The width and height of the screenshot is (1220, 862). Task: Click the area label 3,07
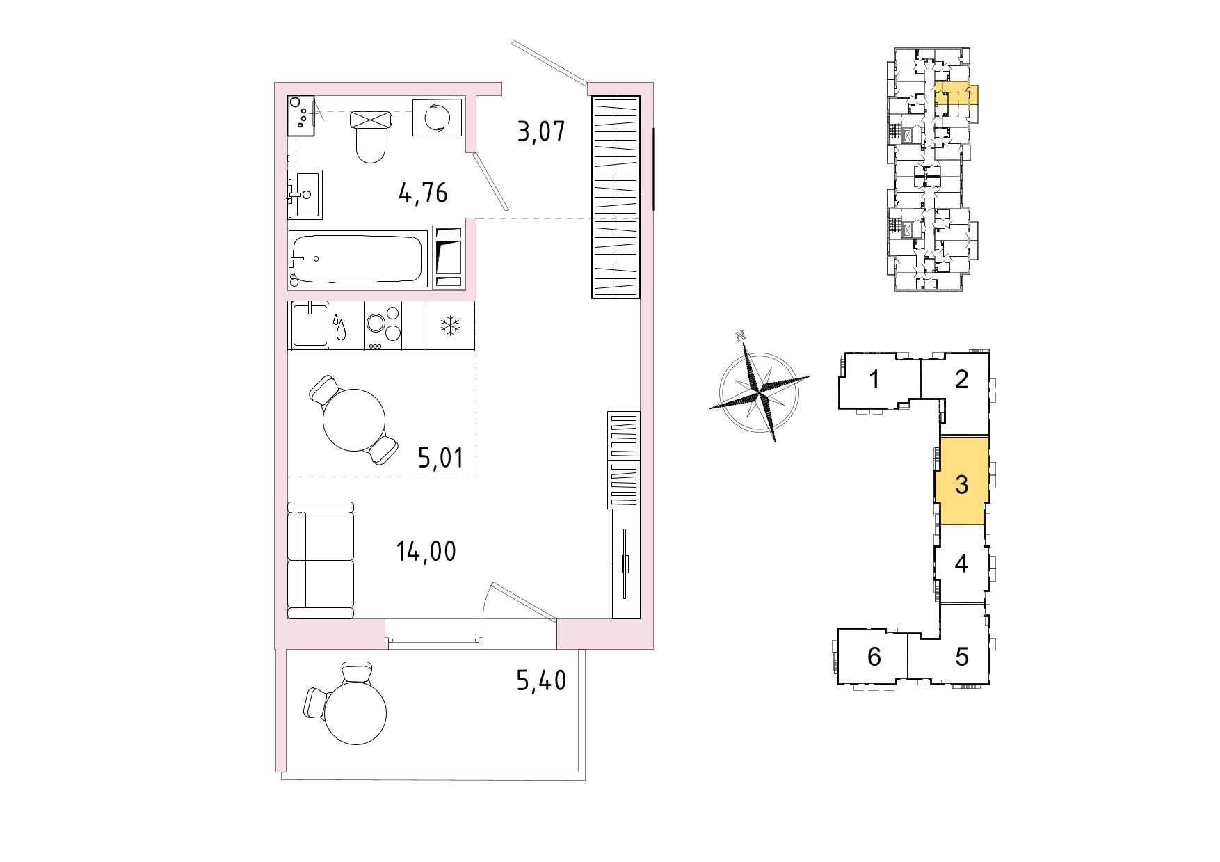tap(541, 131)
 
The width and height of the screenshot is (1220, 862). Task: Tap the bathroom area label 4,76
tap(423, 193)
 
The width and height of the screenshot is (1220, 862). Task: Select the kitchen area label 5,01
tap(440, 458)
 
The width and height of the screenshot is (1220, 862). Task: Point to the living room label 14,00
tap(426, 552)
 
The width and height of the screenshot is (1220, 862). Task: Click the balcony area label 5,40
tap(541, 680)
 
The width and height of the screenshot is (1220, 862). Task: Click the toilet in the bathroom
tap(370, 136)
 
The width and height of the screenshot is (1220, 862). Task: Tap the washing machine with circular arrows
tap(438, 117)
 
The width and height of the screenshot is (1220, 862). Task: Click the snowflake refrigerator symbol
tap(450, 326)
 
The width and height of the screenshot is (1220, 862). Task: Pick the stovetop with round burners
tap(384, 326)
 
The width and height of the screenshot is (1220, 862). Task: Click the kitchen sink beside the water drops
tap(310, 325)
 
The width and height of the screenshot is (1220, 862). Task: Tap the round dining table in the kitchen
tap(353, 420)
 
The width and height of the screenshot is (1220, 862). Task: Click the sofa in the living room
tap(321, 560)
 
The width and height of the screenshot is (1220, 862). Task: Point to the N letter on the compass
tap(741, 337)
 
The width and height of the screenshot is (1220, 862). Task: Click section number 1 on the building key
tap(875, 380)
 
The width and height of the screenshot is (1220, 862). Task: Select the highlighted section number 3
tap(962, 484)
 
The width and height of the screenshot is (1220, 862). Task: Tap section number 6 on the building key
tap(874, 656)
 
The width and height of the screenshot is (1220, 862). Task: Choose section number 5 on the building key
tap(962, 656)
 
